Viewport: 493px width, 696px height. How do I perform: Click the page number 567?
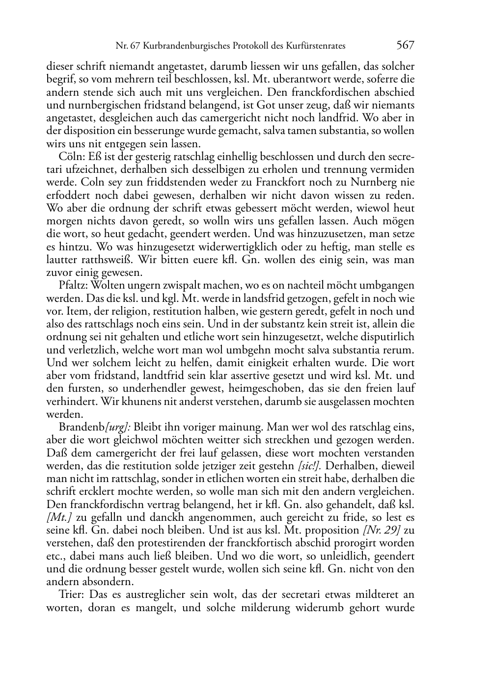405,46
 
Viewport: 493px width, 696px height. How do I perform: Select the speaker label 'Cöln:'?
71,157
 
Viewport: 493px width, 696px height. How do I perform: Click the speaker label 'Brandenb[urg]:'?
94,427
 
